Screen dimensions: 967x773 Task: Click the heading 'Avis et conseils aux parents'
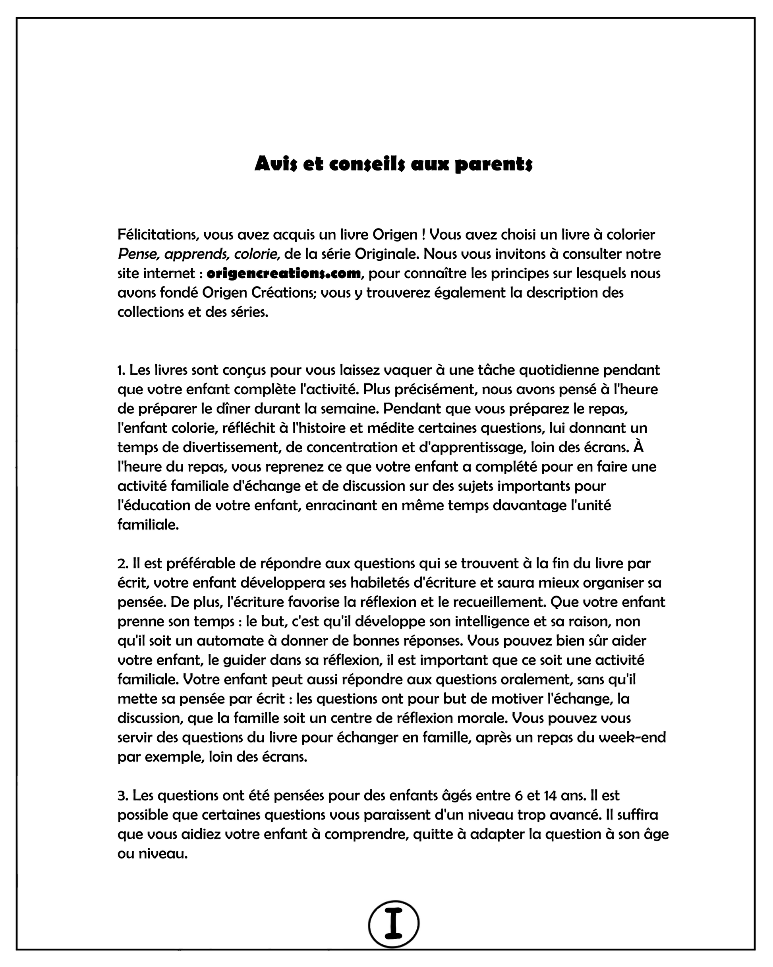(393, 164)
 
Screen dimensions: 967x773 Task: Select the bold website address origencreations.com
(284, 273)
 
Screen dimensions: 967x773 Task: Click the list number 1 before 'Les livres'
(120, 370)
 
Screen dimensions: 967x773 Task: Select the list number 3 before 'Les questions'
(122, 796)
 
